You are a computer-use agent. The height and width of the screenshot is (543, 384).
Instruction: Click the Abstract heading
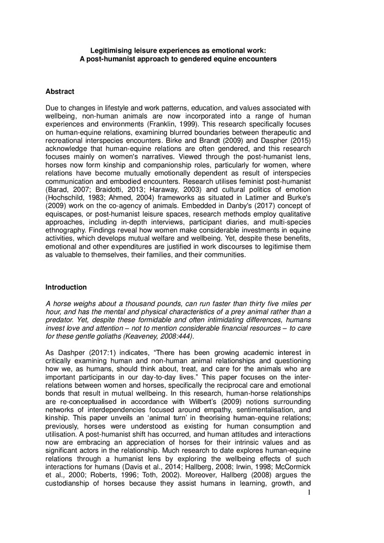60,91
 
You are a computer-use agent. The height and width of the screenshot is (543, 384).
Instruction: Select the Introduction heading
66,287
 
